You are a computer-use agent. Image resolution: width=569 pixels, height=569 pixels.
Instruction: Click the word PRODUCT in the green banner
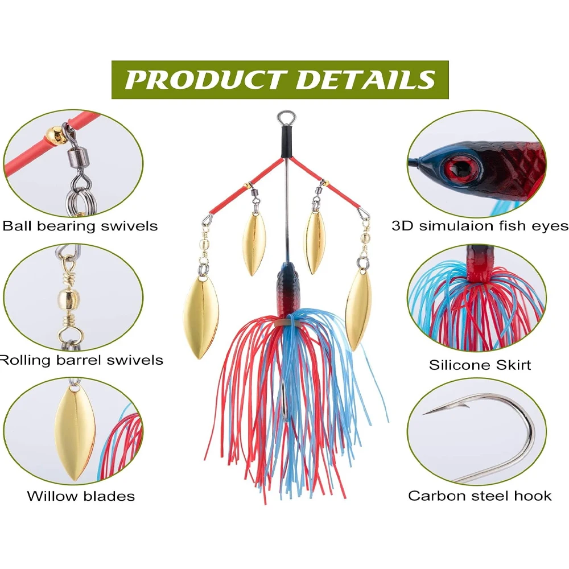pos(205,80)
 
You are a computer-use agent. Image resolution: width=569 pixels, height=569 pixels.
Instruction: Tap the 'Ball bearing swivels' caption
pos(80,226)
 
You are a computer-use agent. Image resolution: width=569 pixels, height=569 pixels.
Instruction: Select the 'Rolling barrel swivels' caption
pos(81,360)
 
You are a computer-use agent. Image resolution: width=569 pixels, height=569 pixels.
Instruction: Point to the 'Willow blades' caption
pos(81,496)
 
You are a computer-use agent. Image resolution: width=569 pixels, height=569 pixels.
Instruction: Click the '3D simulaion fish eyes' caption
pos(480,226)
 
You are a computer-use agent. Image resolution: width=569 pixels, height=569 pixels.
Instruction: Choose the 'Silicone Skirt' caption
pos(480,365)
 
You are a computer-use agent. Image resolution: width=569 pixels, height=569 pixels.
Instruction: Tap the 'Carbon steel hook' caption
pos(480,496)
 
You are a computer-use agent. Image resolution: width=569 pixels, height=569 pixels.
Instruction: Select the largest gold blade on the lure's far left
pos(200,318)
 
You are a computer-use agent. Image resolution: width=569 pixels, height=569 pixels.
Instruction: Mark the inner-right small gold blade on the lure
pos(315,242)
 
